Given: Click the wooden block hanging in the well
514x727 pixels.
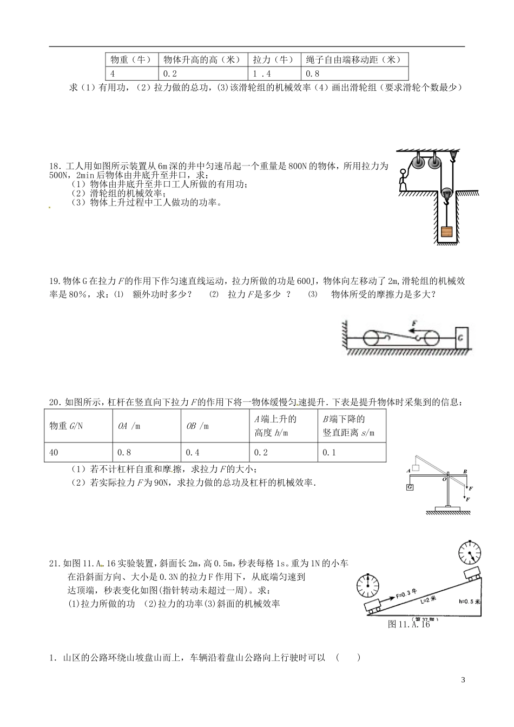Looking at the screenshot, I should point(446,232).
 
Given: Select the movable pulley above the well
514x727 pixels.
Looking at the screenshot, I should point(447,194).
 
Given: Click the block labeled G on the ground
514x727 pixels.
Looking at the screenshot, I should point(462,339).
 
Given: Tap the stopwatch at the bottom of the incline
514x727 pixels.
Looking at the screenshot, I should point(368,586).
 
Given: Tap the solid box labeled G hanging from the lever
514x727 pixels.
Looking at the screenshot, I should point(411,487).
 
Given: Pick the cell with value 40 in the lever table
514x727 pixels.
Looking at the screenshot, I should point(54,452).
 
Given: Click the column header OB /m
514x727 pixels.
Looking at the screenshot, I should point(197,426).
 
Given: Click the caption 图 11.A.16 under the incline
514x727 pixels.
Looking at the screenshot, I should point(408,624).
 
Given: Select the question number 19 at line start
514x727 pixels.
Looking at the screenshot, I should point(53,281).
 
